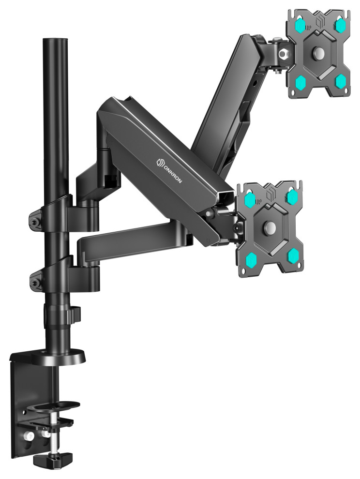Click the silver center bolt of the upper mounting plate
point(319,52)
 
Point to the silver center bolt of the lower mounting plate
point(270,227)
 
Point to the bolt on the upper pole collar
point(35,221)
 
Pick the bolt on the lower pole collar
point(35,278)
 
